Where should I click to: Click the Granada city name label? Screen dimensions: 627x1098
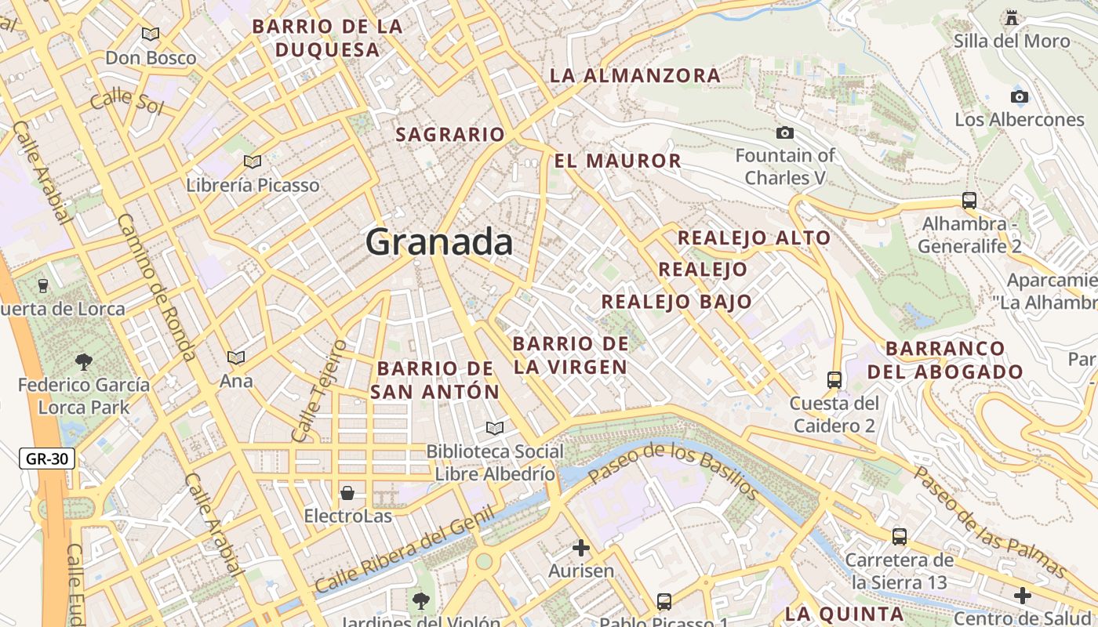click(439, 241)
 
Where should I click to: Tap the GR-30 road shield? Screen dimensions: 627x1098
click(47, 458)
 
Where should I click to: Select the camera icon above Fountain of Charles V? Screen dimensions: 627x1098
click(784, 133)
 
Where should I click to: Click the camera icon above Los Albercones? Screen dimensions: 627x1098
click(1019, 97)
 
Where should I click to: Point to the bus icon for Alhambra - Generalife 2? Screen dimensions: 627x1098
click(969, 201)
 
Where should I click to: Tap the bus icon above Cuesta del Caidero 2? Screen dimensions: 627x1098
click(834, 380)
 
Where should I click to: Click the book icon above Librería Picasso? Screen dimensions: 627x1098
click(253, 162)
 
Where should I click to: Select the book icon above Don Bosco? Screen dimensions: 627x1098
click(150, 34)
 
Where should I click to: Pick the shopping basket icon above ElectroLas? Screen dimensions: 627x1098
click(347, 493)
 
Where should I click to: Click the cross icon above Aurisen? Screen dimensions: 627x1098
click(581, 547)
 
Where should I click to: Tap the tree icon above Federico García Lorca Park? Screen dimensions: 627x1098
click(83, 361)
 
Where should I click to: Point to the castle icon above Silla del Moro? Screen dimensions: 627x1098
click(1012, 17)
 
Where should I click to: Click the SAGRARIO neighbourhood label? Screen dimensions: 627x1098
click(450, 135)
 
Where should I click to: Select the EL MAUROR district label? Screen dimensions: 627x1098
click(617, 161)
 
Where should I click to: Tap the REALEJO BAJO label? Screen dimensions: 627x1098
click(676, 302)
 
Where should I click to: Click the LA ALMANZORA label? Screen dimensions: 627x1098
click(634, 76)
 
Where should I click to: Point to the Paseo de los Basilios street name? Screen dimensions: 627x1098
click(673, 470)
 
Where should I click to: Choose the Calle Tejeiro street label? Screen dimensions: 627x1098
click(318, 390)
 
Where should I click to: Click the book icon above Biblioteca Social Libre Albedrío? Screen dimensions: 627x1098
click(494, 428)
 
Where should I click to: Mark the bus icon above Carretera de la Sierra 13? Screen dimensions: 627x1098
click(900, 537)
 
